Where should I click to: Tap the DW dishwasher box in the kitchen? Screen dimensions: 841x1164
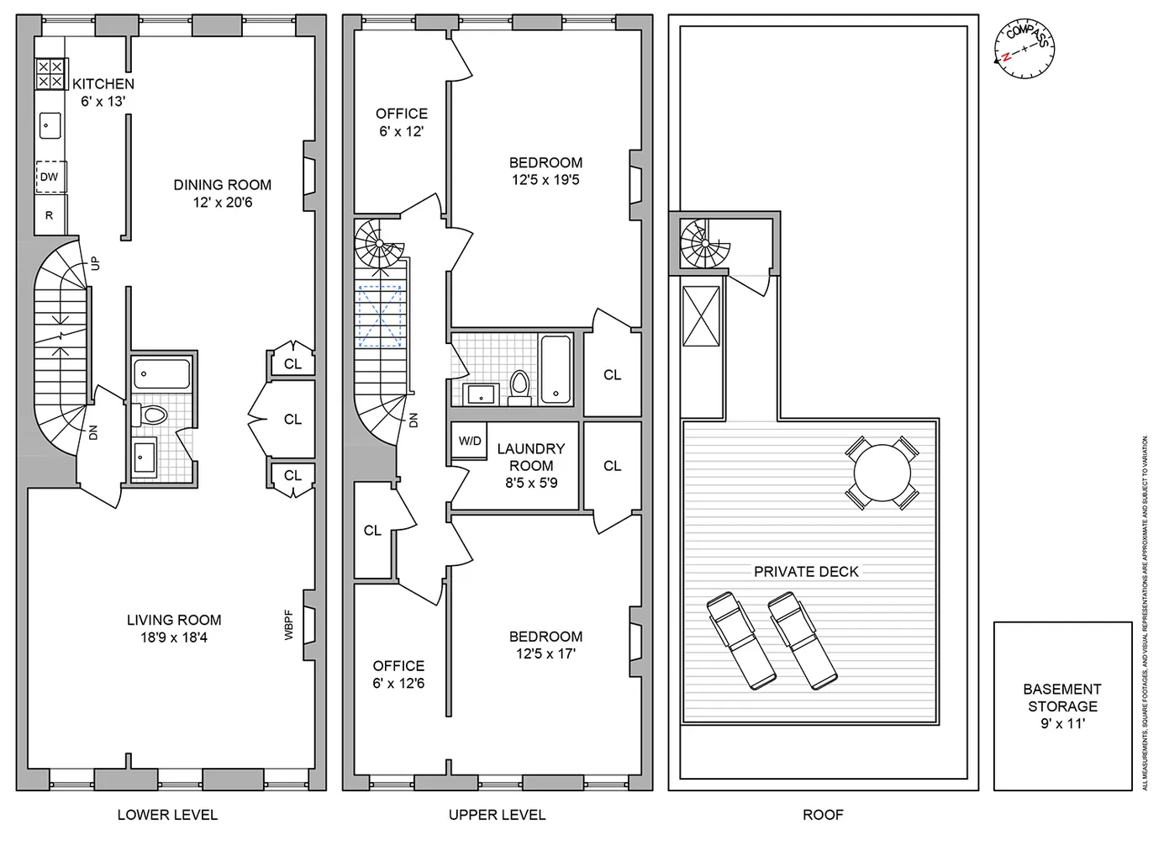click(x=50, y=177)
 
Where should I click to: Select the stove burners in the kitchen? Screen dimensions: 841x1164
click(x=50, y=74)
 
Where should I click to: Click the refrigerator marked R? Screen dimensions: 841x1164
click(x=50, y=215)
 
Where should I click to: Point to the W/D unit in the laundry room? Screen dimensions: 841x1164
click(x=470, y=442)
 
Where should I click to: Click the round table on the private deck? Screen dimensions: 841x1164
click(x=882, y=473)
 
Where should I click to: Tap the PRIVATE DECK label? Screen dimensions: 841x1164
click(x=806, y=572)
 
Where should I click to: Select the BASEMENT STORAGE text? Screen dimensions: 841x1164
click(x=1062, y=697)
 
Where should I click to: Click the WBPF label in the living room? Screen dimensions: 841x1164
click(x=288, y=625)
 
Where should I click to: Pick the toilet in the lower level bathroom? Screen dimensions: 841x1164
click(x=153, y=415)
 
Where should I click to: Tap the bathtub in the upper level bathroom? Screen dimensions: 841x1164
click(x=556, y=368)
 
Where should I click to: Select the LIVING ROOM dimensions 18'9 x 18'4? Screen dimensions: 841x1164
click(x=174, y=637)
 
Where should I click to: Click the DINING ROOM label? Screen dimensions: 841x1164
click(x=223, y=185)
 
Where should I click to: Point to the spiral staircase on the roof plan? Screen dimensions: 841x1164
click(x=700, y=243)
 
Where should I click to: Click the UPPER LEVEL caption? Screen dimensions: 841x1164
click(x=497, y=815)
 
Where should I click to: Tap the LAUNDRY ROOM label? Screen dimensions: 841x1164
click(x=531, y=458)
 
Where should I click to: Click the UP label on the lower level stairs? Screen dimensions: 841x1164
click(x=95, y=263)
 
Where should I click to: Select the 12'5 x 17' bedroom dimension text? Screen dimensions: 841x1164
click(x=545, y=653)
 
